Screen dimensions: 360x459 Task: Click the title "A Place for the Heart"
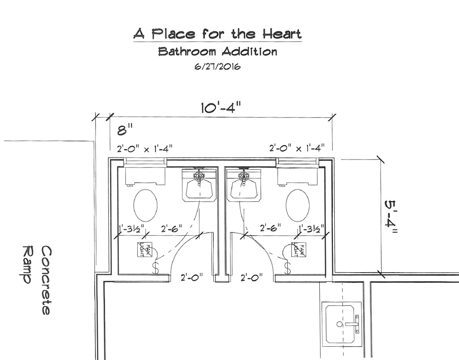click(217, 34)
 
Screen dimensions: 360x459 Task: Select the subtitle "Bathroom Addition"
click(217, 52)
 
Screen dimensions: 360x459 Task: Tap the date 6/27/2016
click(217, 67)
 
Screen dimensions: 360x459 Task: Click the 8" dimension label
click(125, 130)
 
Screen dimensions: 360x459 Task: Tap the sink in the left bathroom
click(199, 185)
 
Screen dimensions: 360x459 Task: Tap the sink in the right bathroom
click(244, 185)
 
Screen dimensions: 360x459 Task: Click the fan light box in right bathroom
click(299, 250)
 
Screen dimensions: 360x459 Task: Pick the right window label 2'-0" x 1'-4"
click(297, 149)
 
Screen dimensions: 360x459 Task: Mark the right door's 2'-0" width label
click(251, 277)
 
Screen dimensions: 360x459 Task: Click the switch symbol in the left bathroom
click(155, 268)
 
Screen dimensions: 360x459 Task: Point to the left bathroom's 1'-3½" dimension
click(132, 229)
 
